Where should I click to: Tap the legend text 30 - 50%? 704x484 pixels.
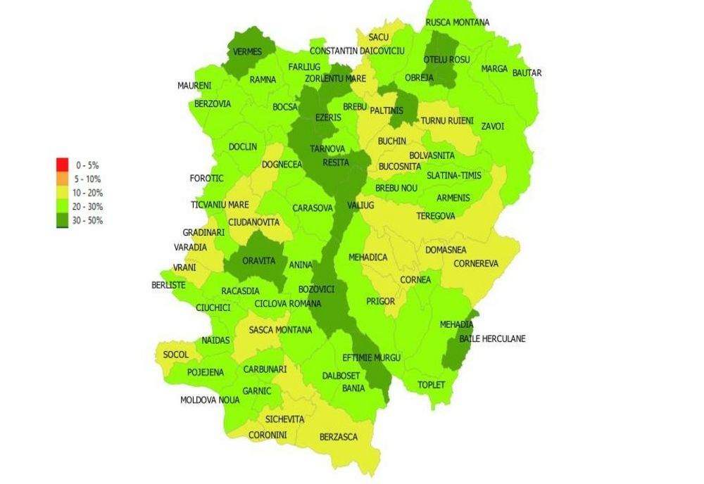pos(89,220)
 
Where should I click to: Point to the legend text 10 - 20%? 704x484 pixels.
pos(89,193)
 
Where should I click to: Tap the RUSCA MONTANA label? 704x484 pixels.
pos(458,23)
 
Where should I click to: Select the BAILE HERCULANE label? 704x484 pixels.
pos(492,339)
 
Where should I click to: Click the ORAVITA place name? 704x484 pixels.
pos(258,260)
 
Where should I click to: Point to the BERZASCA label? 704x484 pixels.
pos(339,437)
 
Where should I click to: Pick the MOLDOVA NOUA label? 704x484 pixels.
pos(210,400)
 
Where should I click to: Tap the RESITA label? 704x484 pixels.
pos(336,163)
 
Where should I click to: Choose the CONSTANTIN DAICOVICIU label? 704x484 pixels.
pos(357,51)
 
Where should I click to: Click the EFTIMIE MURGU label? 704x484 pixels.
pos(371,357)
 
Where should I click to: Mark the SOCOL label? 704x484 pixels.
pos(176,355)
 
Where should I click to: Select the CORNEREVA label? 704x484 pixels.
pos(476,264)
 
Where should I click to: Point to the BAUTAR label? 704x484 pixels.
pos(527,73)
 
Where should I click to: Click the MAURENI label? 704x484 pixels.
pos(194,86)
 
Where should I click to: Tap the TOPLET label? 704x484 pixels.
pos(432,385)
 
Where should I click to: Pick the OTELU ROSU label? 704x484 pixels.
pos(447,60)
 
